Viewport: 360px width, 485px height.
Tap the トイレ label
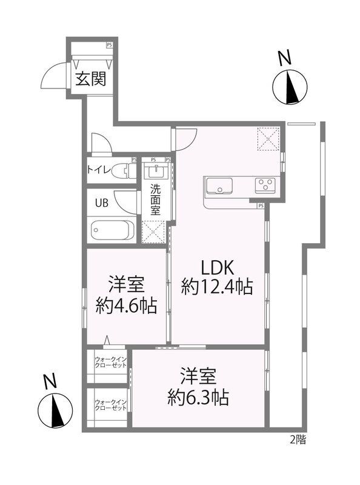99,170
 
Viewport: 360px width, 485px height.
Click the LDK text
217,267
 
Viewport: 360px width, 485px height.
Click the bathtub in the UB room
112,230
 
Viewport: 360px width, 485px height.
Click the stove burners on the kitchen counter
265,184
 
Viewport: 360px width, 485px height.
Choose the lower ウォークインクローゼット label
110,404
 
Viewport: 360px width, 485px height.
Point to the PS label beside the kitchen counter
261,206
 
